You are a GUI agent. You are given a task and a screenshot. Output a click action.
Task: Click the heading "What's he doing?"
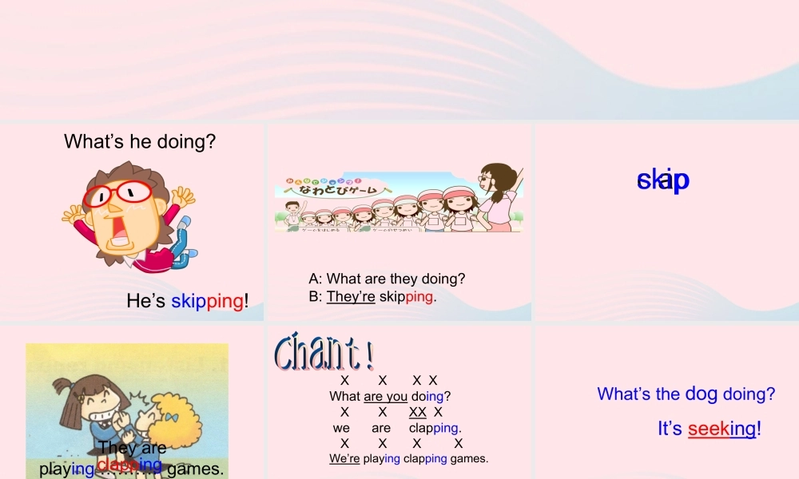(x=140, y=142)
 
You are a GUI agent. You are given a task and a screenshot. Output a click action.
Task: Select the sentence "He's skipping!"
(x=188, y=301)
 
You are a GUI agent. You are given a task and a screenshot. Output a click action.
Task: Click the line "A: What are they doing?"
(x=387, y=279)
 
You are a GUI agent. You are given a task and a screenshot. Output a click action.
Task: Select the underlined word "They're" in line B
(x=351, y=297)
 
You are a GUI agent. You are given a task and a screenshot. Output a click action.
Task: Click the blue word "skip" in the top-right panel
(x=662, y=180)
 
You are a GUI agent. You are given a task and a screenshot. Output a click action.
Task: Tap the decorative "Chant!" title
(x=324, y=352)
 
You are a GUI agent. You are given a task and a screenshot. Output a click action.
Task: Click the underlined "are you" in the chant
(x=385, y=396)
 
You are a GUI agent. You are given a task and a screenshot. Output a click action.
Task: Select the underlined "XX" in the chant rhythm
(x=417, y=412)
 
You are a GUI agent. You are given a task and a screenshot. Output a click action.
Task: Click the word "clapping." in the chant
(x=435, y=428)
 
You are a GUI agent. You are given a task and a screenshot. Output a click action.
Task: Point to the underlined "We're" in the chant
(x=344, y=458)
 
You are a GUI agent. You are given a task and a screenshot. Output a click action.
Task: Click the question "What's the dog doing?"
(x=686, y=394)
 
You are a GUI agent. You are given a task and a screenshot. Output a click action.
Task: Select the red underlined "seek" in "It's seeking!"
(x=709, y=429)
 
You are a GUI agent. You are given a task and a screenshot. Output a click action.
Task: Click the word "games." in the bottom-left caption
(x=195, y=469)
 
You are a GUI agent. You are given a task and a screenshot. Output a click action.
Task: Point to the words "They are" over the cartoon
(x=132, y=448)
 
